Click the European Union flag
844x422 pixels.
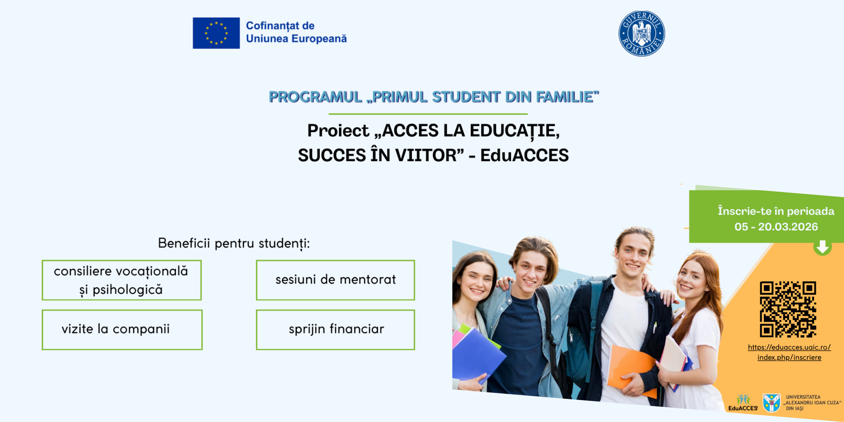tap(216, 33)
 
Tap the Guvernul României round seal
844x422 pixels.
tap(641, 33)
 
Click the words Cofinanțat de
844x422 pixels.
tap(280, 26)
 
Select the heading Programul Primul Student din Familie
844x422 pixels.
tap(434, 97)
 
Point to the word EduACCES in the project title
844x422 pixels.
tap(525, 155)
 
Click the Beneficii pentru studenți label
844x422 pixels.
tap(234, 243)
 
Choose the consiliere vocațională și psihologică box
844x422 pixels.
tap(122, 280)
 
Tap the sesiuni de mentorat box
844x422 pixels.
tap(335, 280)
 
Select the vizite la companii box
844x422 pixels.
tap(122, 330)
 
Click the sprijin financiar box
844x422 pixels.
tap(335, 330)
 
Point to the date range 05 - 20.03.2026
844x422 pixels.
tap(776, 227)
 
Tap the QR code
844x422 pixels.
tap(788, 309)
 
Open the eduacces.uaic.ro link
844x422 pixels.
tap(789, 352)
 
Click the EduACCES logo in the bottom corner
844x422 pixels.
tap(743, 403)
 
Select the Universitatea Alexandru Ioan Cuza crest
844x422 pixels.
tap(771, 403)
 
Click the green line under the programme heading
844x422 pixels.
tap(428, 114)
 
